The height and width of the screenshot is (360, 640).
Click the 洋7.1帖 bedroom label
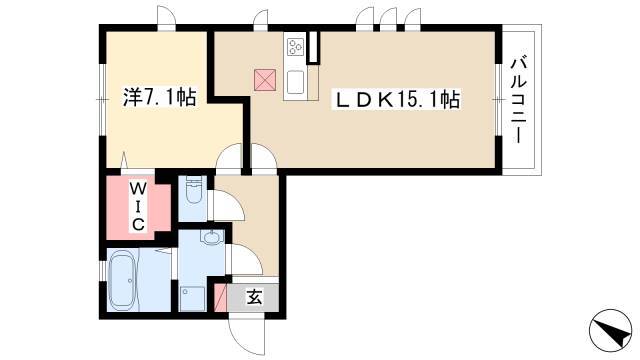(160, 98)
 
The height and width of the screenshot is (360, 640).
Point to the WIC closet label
(138, 207)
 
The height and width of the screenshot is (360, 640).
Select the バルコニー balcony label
(517, 100)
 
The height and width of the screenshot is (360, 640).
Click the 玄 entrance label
(254, 298)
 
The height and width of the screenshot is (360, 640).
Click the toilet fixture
(194, 191)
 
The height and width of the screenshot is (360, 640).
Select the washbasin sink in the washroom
(213, 237)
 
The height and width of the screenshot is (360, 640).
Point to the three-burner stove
(295, 47)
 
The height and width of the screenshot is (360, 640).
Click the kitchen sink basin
(296, 82)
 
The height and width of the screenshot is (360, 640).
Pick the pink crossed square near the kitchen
(265, 80)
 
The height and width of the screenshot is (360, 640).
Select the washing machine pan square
(192, 298)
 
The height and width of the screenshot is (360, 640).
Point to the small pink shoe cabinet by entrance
(220, 298)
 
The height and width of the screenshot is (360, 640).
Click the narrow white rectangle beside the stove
(313, 47)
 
